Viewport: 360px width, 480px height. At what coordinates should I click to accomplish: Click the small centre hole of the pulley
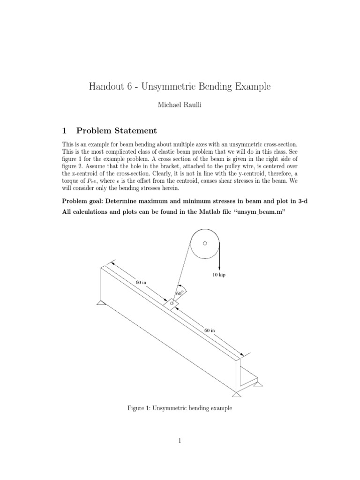(205, 243)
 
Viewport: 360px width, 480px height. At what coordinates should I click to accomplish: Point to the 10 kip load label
(219, 275)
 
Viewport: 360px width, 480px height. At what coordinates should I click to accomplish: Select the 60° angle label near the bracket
(179, 293)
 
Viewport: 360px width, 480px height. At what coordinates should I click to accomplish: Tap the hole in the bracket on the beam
(172, 303)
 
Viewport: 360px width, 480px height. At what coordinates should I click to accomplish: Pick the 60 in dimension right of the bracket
(210, 330)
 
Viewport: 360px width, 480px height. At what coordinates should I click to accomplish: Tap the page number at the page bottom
(180, 440)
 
